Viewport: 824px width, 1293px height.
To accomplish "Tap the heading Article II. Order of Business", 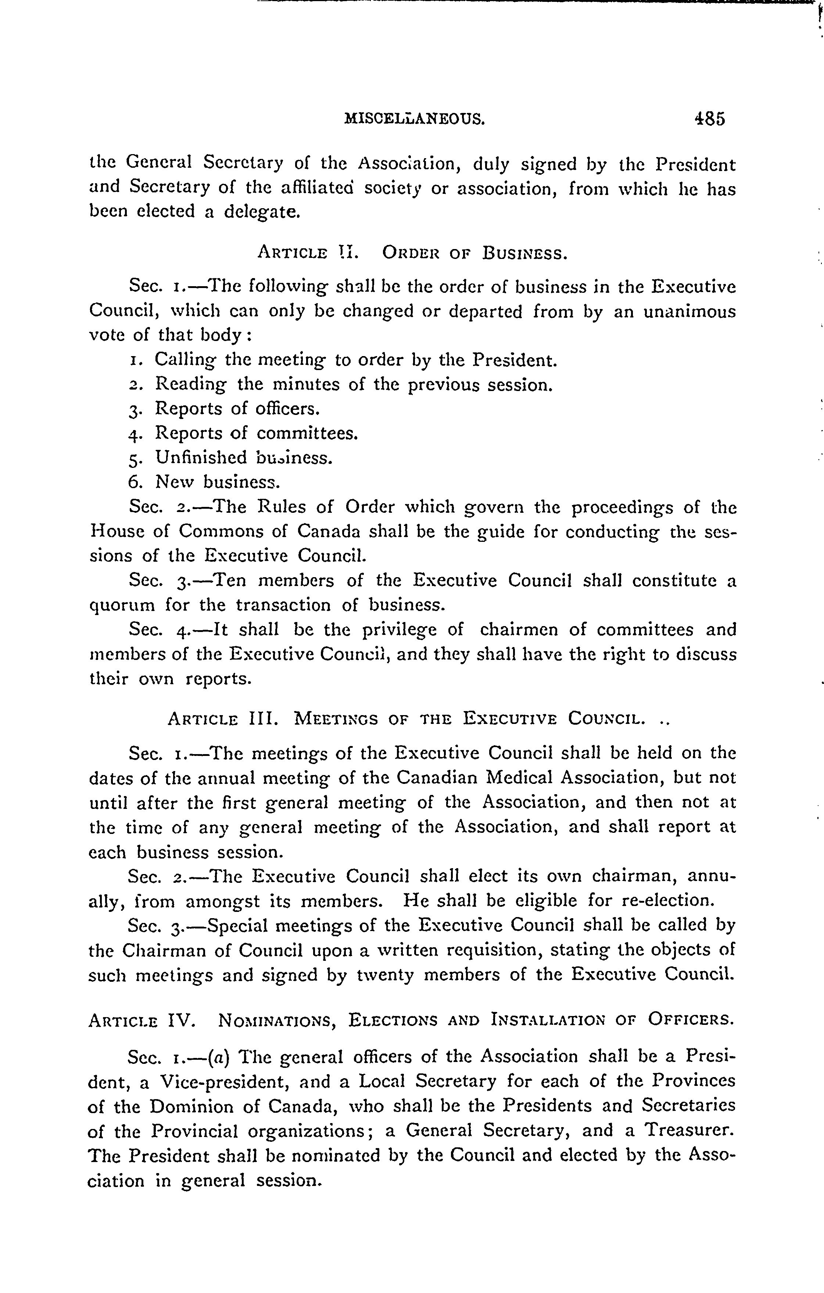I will [412, 252].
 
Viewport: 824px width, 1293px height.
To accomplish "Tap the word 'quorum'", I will [122, 606].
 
